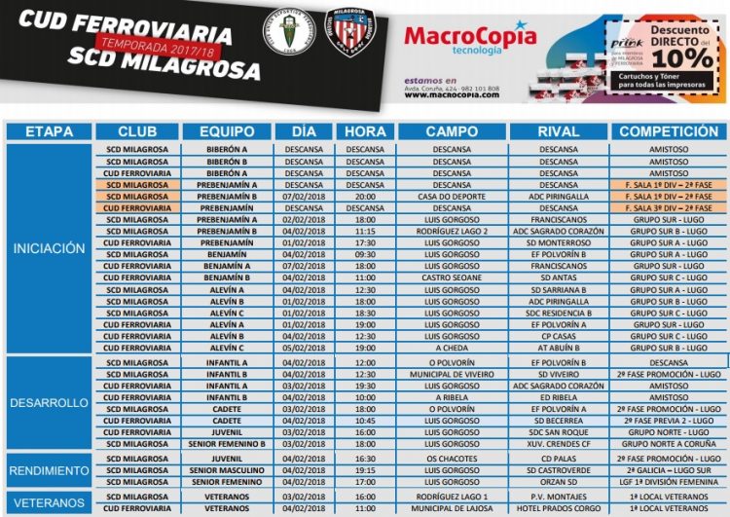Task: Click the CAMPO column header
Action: (x=451, y=131)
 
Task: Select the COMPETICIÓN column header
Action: (x=668, y=131)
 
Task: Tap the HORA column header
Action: (x=365, y=131)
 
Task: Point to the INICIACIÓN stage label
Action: (x=49, y=248)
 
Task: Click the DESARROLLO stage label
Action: (x=49, y=402)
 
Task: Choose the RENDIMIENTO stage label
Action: (x=49, y=470)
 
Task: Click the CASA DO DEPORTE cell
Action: (x=451, y=196)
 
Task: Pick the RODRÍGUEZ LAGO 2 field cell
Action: (x=451, y=231)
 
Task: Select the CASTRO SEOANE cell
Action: (x=451, y=277)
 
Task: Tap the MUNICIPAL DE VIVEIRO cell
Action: (x=451, y=374)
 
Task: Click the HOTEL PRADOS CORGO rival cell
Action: (x=558, y=507)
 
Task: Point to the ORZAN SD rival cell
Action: (x=558, y=482)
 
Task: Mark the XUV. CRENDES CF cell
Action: (x=558, y=444)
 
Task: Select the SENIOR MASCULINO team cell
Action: (x=227, y=470)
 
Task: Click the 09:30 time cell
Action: (x=365, y=254)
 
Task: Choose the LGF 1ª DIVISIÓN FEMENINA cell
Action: (x=668, y=482)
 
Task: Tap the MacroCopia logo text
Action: (x=469, y=37)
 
